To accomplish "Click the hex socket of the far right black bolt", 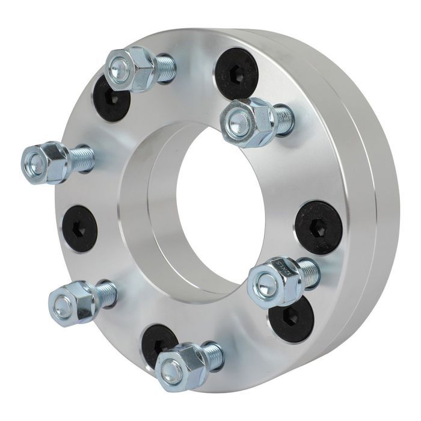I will [319, 227].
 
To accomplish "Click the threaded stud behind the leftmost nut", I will [81, 158].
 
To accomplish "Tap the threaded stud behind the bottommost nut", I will [212, 355].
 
